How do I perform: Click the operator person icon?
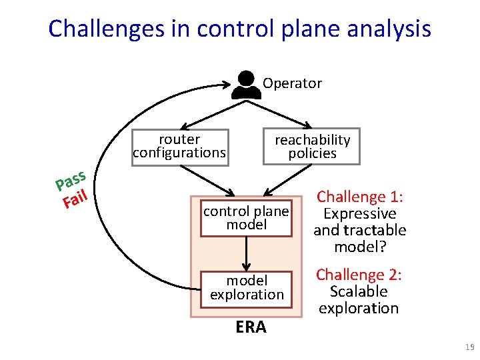[x=246, y=84]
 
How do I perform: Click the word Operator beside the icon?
[x=292, y=83]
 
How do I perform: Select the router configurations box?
[x=179, y=146]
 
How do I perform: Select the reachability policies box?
[x=312, y=146]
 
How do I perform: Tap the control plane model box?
[x=246, y=218]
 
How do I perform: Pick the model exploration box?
[x=247, y=287]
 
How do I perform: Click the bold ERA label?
[x=251, y=327]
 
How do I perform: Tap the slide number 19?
[x=469, y=347]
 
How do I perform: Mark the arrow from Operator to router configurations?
[x=207, y=112]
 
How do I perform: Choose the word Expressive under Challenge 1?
[x=359, y=214]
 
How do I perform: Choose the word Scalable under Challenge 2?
[x=359, y=291]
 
